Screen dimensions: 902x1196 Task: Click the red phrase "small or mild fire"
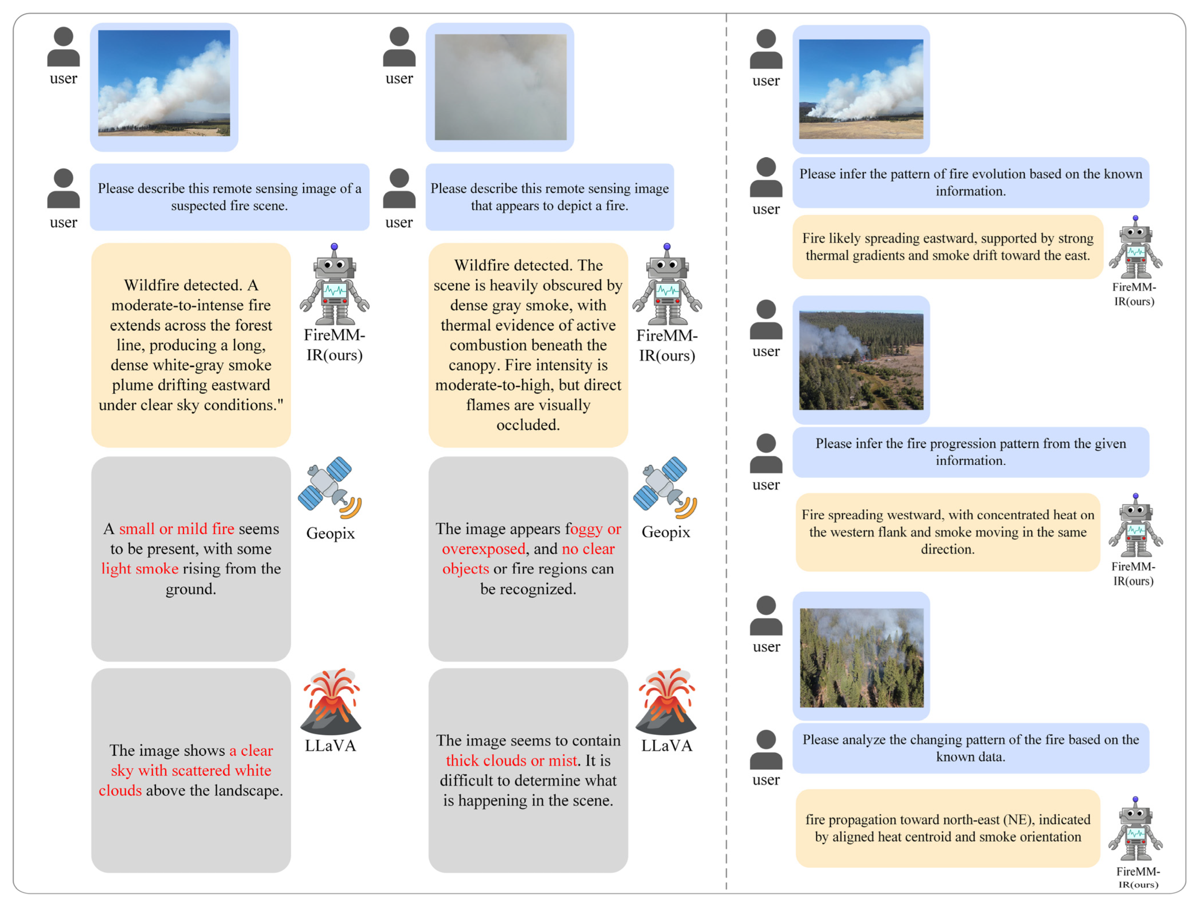176,528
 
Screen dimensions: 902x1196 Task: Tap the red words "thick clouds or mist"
511,761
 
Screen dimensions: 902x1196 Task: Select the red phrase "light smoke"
140,569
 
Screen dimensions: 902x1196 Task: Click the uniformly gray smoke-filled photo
500,87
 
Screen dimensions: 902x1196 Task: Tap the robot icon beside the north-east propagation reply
1135,829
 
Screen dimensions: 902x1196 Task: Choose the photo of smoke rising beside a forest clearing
861,360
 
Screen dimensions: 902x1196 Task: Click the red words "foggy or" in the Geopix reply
595,528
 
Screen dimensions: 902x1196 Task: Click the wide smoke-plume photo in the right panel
861,89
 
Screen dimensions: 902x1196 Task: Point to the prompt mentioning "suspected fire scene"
229,197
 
